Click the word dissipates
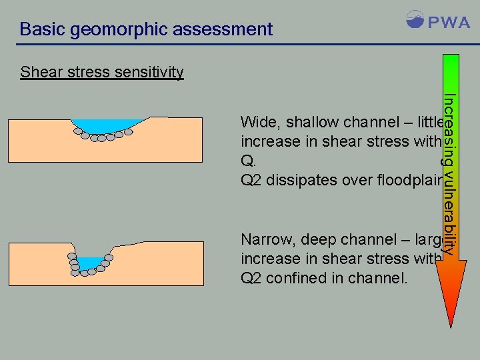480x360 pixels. (x=300, y=180)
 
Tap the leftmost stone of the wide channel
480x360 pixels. (x=78, y=132)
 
